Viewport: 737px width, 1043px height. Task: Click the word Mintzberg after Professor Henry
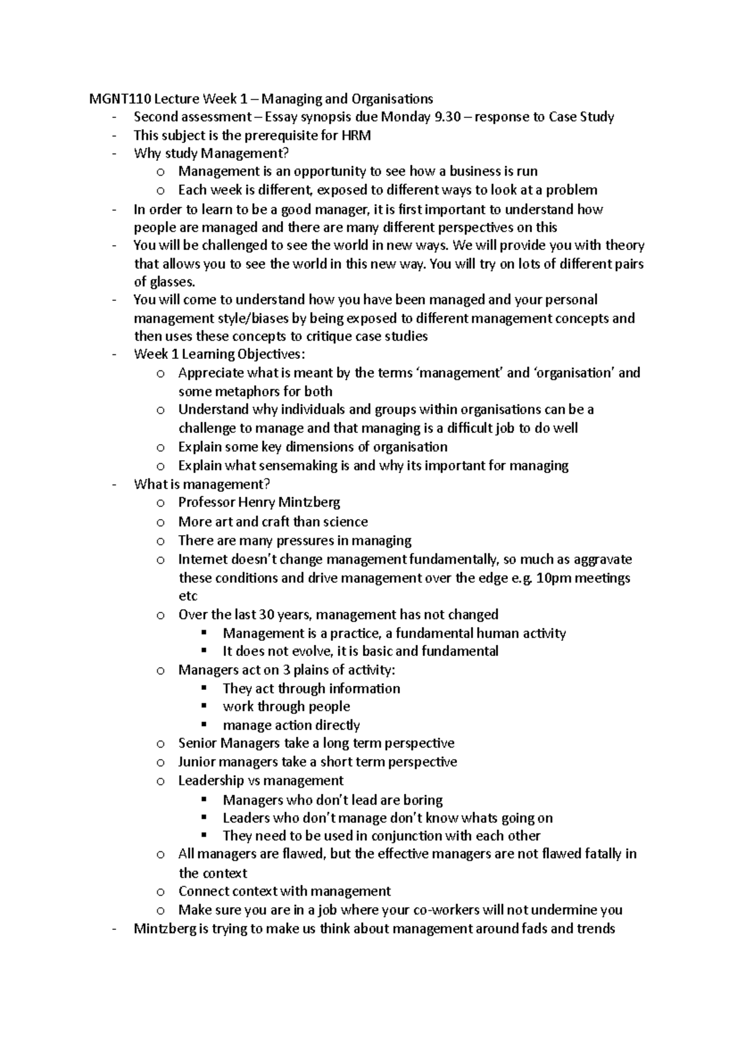pyautogui.click(x=309, y=502)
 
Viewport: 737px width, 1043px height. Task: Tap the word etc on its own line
pyautogui.click(x=188, y=596)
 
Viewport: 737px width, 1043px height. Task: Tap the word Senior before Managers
pyautogui.click(x=197, y=743)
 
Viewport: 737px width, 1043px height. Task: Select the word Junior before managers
pyautogui.click(x=197, y=762)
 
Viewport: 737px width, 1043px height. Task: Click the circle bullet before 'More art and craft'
pyautogui.click(x=161, y=523)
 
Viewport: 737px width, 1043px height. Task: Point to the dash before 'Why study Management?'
pyautogui.click(x=114, y=153)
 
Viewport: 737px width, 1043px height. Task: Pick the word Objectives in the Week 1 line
pyautogui.click(x=271, y=354)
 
